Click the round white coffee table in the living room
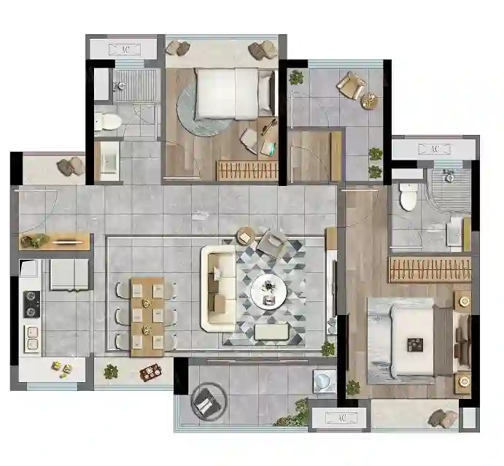click(x=268, y=292)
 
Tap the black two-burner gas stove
click(x=31, y=304)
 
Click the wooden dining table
click(x=147, y=317)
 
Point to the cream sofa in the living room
click(x=218, y=288)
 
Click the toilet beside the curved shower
click(x=408, y=196)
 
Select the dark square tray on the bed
click(x=414, y=345)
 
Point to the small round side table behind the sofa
click(x=246, y=236)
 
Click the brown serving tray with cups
click(x=151, y=373)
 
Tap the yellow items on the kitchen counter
click(x=62, y=368)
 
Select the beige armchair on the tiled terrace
click(x=351, y=85)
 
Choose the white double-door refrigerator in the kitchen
click(x=69, y=275)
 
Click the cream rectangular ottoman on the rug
click(x=272, y=332)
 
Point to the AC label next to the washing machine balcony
click(x=341, y=418)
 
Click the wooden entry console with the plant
click(x=54, y=241)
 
